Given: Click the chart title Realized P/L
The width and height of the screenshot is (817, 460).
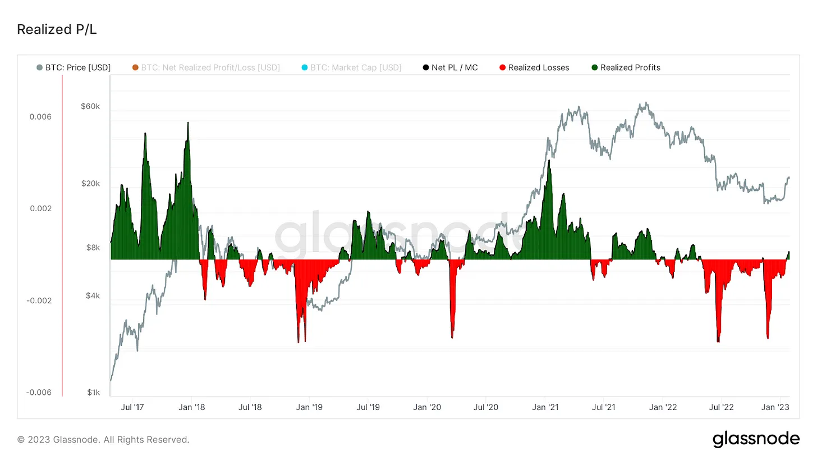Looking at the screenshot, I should pyautogui.click(x=57, y=30).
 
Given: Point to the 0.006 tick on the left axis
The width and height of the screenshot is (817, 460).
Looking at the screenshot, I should pyautogui.click(x=40, y=117).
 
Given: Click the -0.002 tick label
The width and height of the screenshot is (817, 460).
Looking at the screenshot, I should pyautogui.click(x=39, y=300).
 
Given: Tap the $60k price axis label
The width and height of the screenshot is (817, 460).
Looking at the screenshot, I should pyautogui.click(x=91, y=106).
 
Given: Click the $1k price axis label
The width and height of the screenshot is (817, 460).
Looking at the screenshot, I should pyautogui.click(x=93, y=393).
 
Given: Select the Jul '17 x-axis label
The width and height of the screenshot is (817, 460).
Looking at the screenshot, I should pyautogui.click(x=133, y=406).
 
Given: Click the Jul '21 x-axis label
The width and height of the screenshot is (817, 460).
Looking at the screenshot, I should pyautogui.click(x=602, y=406).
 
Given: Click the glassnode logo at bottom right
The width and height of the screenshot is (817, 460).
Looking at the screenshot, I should pyautogui.click(x=756, y=439).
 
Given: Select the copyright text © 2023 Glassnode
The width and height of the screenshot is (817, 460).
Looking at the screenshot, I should pyautogui.click(x=103, y=439).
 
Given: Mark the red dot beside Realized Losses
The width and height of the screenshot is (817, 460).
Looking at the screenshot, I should pyautogui.click(x=502, y=68).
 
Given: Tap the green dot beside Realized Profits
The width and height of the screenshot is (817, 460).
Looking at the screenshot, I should pyautogui.click(x=594, y=68).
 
